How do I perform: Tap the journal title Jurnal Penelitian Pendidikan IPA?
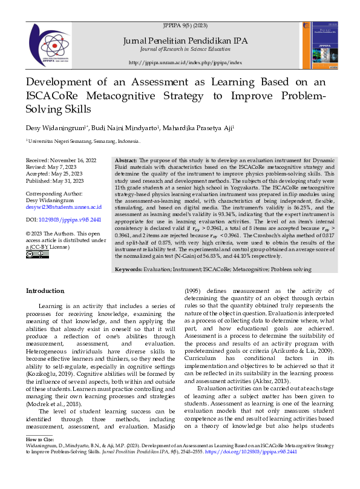tap(185, 40)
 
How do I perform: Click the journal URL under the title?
tap(185, 62)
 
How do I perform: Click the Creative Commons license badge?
tap(33, 255)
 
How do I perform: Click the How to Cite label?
tap(40, 455)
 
